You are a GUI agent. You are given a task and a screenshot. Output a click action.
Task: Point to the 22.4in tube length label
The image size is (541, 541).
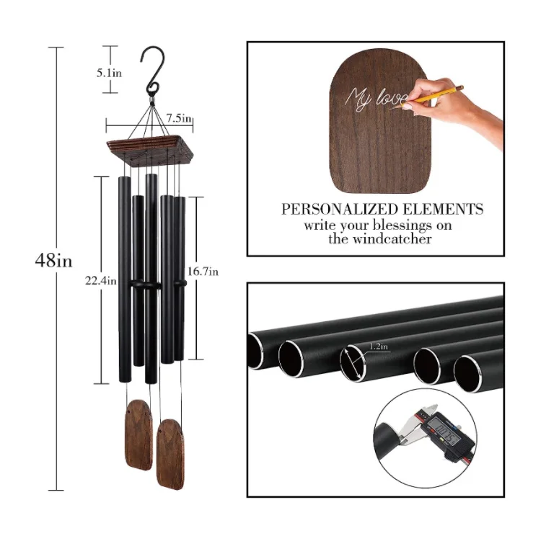(x=100, y=281)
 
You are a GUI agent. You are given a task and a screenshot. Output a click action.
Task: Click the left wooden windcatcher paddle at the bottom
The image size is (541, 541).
(x=138, y=435)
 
